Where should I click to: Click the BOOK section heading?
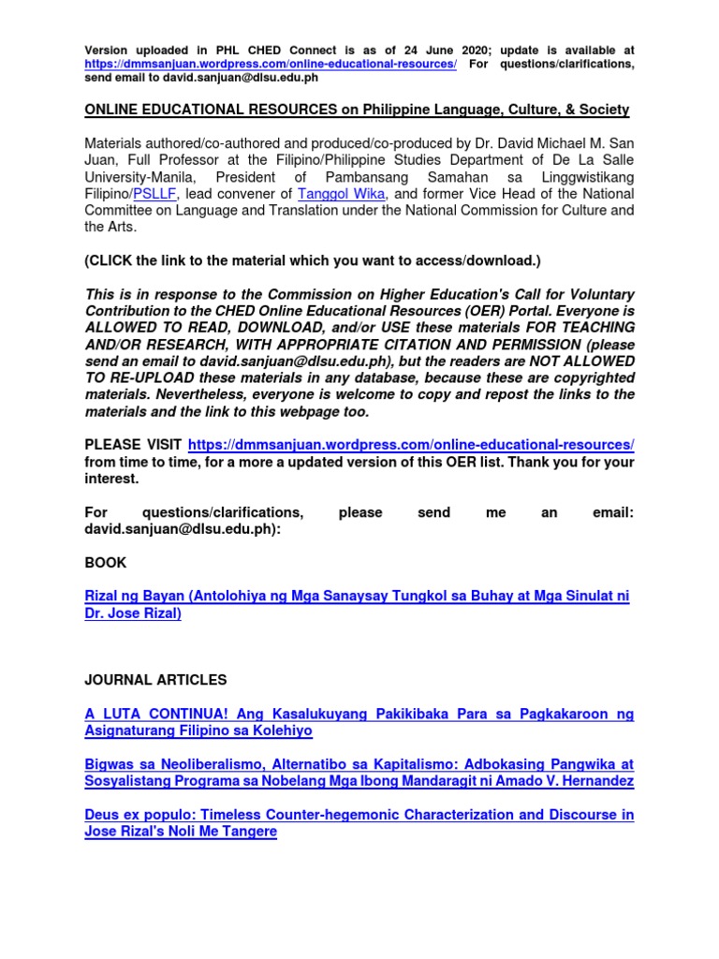pyautogui.click(x=105, y=563)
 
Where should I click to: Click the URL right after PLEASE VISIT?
pyautogui.click(x=411, y=444)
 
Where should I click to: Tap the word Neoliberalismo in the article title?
pyautogui.click(x=210, y=764)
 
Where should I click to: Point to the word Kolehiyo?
pyautogui.click(x=282, y=730)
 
